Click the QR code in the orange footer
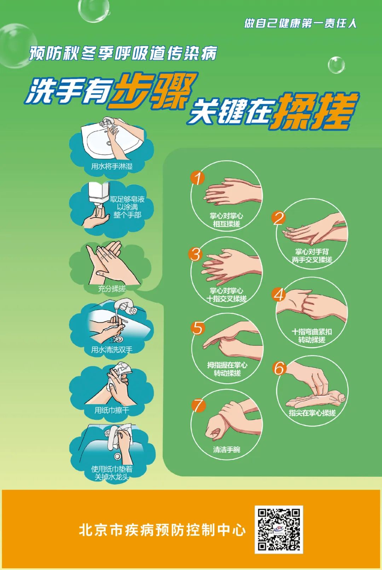coord(279,529)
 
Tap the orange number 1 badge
coord(198,178)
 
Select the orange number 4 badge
coord(279,294)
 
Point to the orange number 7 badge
coord(198,405)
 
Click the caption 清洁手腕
coord(226,450)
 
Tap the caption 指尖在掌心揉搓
coord(312,413)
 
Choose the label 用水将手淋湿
coord(112,166)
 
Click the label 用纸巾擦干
coord(112,410)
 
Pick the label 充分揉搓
coord(112,289)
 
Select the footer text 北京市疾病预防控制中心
coord(162,530)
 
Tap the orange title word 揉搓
coord(315,111)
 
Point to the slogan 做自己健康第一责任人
coord(300,23)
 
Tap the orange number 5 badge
coord(198,328)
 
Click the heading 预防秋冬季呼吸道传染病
coord(123,53)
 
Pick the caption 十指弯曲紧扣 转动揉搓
coord(312,336)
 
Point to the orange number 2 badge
coord(279,218)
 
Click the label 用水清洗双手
coord(112,350)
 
